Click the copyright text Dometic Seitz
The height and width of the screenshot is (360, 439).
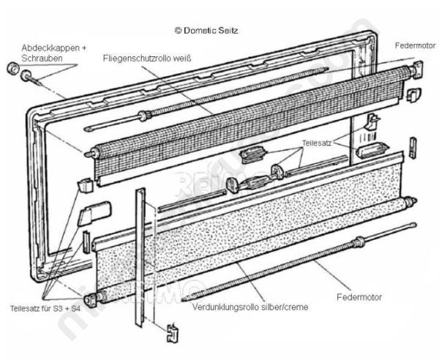206,30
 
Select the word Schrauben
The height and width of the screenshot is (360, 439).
42,59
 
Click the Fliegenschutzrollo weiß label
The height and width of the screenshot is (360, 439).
147,59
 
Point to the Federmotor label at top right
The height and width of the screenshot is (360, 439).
415,45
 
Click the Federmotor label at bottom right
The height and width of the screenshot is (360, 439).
359,297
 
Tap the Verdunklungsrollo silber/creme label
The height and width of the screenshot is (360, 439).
250,307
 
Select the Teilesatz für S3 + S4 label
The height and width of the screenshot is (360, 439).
45,309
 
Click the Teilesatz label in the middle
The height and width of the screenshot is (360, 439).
317,143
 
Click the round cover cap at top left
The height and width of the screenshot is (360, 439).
12,68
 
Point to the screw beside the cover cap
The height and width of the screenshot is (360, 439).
30,77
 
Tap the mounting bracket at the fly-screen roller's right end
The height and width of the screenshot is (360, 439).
418,70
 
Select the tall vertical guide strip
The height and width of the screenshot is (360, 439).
140,257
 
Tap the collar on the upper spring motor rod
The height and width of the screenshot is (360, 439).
144,116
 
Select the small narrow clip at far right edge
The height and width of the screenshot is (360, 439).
413,148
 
